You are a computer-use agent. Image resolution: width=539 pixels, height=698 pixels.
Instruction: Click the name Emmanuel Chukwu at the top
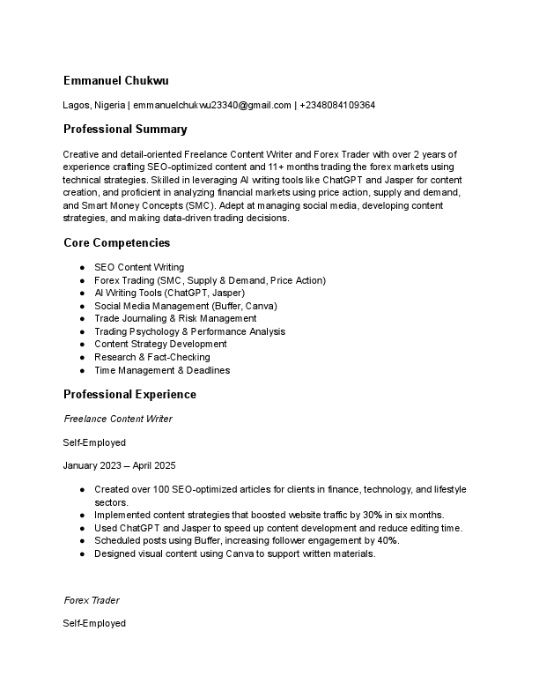116,80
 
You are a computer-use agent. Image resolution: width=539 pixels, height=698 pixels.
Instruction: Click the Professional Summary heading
125,130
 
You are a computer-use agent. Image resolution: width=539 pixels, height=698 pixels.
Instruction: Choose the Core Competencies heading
117,242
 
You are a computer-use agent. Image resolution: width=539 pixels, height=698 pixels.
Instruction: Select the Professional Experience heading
129,394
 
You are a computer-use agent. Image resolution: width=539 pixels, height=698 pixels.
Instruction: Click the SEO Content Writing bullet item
139,267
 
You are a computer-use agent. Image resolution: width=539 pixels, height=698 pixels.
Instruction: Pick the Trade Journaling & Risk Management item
175,318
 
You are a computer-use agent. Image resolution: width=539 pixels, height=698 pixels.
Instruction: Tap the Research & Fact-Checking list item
151,357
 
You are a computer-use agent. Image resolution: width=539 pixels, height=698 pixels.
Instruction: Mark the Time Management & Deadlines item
162,370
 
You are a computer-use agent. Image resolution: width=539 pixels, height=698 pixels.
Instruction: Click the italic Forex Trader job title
92,600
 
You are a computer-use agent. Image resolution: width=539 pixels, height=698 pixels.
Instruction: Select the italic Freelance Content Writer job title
118,419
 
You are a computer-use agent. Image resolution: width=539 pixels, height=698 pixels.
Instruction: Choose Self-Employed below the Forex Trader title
94,623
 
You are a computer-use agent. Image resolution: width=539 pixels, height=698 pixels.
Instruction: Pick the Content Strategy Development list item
160,344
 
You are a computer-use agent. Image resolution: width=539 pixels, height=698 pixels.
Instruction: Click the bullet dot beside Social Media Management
82,306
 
